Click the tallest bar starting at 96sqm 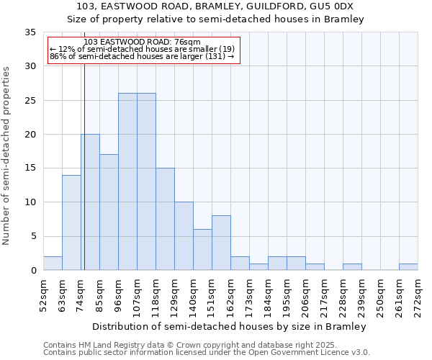click(127, 181)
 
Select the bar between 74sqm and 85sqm click(90, 202)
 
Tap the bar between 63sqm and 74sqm click(71, 222)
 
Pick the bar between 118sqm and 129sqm click(165, 219)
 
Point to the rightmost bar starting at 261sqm click(408, 267)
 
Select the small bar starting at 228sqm click(352, 267)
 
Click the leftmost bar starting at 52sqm click(53, 264)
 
